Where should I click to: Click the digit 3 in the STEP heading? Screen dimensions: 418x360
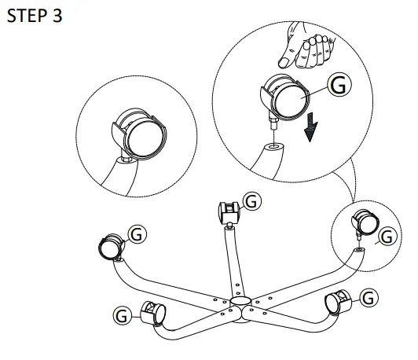click(x=57, y=16)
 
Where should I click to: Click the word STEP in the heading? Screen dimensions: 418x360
click(x=27, y=16)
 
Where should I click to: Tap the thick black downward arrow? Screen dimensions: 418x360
click(x=310, y=127)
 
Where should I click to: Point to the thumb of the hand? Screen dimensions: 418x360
click(x=288, y=58)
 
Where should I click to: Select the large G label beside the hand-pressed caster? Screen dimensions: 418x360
click(x=339, y=85)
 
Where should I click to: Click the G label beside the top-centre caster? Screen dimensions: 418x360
click(x=251, y=201)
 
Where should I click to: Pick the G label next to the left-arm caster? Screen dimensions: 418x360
click(x=137, y=234)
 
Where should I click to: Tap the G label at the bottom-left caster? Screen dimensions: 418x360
click(x=122, y=315)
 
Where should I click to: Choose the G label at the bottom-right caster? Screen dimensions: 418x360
click(x=368, y=298)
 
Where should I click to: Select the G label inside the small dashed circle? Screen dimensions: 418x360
click(x=387, y=236)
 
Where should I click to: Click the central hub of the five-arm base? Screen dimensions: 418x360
click(x=240, y=302)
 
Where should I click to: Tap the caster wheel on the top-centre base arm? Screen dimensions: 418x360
click(x=229, y=212)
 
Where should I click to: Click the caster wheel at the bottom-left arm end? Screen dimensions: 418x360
click(x=153, y=313)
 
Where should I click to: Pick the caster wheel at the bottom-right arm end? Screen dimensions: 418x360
click(x=338, y=301)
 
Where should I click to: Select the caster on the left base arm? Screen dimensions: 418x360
click(x=112, y=247)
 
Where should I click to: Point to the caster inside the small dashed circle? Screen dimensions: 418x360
click(x=365, y=223)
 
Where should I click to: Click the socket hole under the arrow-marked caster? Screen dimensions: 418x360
click(x=274, y=146)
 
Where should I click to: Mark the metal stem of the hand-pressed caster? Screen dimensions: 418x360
click(x=273, y=122)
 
